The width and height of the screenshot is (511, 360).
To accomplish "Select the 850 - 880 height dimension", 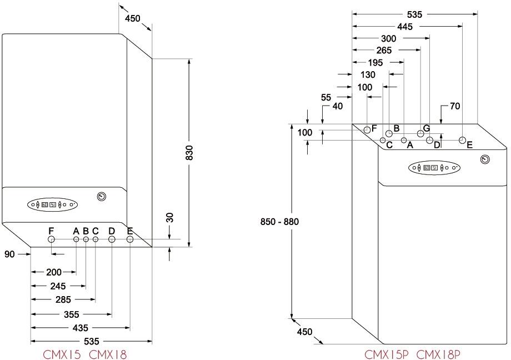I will (279, 222).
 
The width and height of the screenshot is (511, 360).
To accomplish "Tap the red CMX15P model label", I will (387, 353).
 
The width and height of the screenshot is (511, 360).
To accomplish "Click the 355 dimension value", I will (71, 314).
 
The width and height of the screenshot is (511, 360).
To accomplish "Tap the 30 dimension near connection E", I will (171, 217).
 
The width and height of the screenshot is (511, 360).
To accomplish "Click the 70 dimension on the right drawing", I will (455, 106).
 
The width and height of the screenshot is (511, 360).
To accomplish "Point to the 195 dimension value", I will (375, 63).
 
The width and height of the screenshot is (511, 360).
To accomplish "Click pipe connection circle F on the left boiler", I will (52, 240).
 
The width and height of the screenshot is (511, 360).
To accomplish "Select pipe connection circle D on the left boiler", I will (112, 240).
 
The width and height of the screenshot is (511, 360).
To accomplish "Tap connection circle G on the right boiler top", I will (420, 134).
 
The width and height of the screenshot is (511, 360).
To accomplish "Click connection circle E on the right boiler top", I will (462, 140).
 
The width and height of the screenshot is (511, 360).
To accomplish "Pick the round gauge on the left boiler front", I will (102, 196).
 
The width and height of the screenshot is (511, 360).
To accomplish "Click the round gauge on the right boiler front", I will (485, 160).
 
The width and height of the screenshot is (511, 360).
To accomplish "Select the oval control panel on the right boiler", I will (434, 167).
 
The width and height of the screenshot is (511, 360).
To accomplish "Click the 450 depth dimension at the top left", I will (132, 18).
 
